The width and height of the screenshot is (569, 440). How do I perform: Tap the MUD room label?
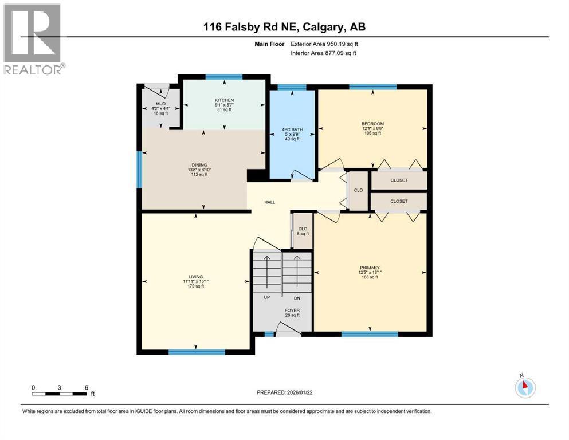click(160, 104)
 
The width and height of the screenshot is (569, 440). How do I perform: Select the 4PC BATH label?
click(292, 129)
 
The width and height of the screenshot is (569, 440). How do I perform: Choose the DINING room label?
click(199, 165)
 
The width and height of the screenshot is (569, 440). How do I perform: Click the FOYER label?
click(292, 311)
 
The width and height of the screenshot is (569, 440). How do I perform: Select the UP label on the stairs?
click(267, 298)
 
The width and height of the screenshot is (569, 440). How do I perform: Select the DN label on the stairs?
click(296, 298)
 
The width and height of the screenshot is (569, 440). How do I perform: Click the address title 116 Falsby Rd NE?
click(285, 26)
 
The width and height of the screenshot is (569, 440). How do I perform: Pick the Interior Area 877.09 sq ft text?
click(324, 53)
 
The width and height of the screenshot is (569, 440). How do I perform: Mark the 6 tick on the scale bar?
click(85, 387)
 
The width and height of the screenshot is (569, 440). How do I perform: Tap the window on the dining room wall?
click(139, 169)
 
